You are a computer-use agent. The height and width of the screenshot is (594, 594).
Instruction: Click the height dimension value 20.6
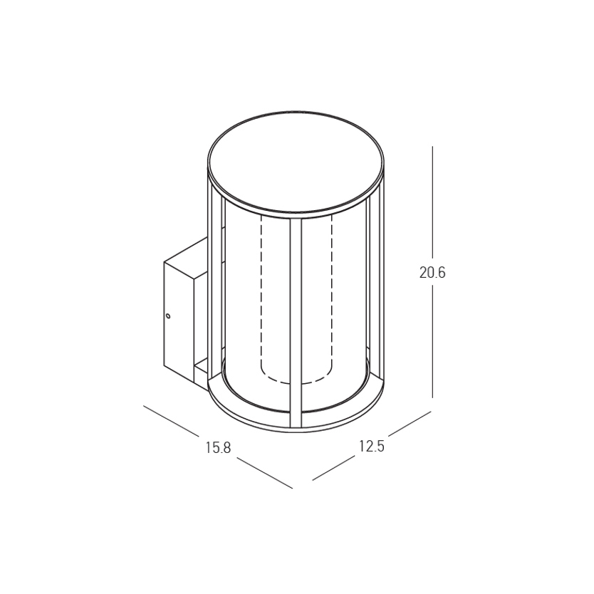pyautogui.click(x=432, y=272)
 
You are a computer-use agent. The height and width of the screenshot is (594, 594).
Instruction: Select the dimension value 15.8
pyautogui.click(x=218, y=447)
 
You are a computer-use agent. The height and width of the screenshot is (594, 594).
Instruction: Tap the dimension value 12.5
pyautogui.click(x=372, y=447)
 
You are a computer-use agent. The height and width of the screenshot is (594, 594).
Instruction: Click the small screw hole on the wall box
pyautogui.click(x=168, y=316)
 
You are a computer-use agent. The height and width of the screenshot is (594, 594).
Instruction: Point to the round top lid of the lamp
pyautogui.click(x=296, y=162)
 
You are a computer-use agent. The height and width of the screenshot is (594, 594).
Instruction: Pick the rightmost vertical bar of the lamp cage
pyautogui.click(x=376, y=284)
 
